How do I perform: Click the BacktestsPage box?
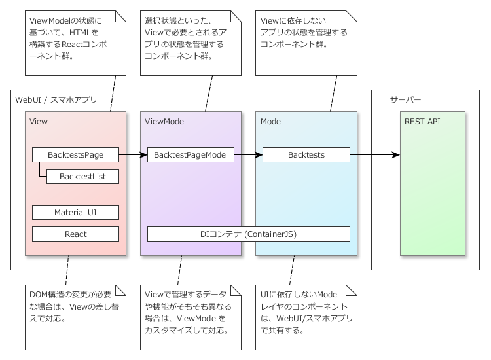[x=75, y=155]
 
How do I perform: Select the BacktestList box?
[x=82, y=176]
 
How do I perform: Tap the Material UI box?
[x=75, y=212]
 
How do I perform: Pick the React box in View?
[x=75, y=234]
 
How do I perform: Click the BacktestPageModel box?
[x=191, y=155]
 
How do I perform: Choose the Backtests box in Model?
[x=306, y=155]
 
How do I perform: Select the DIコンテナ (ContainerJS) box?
[x=248, y=234]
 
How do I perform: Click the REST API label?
[x=422, y=122]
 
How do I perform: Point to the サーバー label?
[x=406, y=100]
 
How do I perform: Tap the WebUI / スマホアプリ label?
[x=56, y=100]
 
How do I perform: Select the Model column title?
[x=272, y=122]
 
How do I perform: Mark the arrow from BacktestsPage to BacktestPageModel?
[x=133, y=155]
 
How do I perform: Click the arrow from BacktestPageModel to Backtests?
[x=248, y=155]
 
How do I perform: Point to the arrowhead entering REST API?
[x=395, y=155]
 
